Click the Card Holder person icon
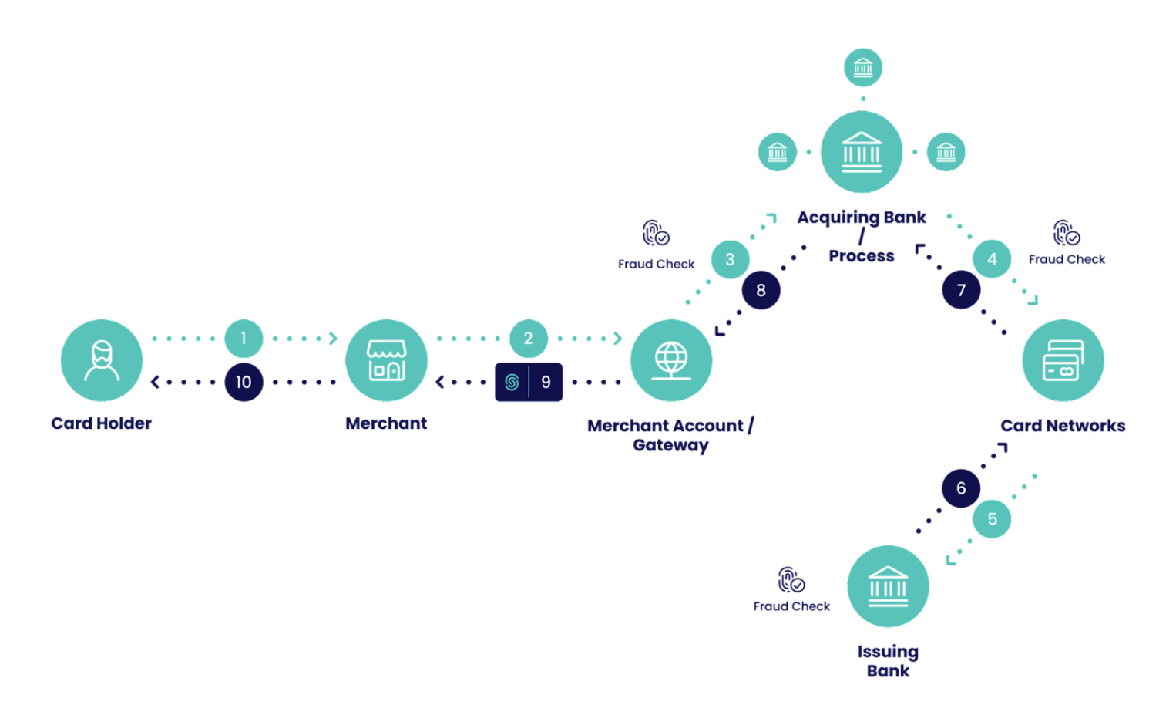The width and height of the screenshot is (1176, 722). tap(102, 360)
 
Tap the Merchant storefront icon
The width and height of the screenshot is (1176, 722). tap(386, 360)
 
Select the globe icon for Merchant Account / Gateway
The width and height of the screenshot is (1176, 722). tap(671, 360)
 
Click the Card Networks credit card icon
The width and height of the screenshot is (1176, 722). tap(1063, 360)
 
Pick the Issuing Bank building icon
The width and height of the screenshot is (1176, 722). tap(888, 586)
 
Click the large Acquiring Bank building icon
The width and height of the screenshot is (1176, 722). tap(862, 151)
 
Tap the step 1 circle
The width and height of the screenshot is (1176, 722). tap(244, 338)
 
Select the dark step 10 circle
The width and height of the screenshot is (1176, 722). tap(244, 382)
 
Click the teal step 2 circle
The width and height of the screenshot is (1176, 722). tap(528, 338)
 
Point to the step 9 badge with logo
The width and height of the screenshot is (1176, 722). tap(529, 382)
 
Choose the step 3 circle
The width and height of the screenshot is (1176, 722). tap(730, 260)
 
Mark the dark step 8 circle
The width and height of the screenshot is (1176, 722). tap(761, 290)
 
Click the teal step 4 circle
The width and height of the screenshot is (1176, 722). tap(992, 259)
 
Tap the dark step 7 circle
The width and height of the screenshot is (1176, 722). tap(961, 290)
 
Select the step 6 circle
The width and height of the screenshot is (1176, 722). tap(961, 488)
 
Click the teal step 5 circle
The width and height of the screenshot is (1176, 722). tap(992, 519)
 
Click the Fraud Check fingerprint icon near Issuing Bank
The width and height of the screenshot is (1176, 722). tap(791, 579)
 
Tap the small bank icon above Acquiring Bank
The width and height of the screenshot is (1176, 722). tap(862, 68)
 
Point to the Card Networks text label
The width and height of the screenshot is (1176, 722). tap(1063, 426)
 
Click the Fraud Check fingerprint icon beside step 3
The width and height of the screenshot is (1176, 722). tap(656, 233)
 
